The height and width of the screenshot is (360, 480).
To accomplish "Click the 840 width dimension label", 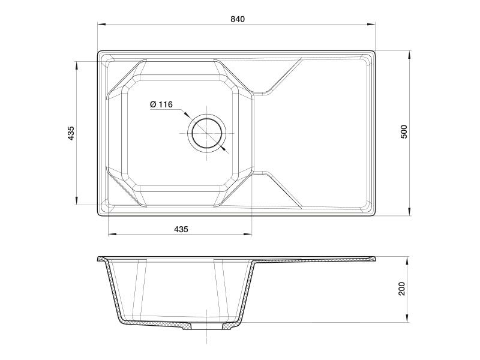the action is [238, 19].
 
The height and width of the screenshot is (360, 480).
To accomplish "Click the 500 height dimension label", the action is [404, 131].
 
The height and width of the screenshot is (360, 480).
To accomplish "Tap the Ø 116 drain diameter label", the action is [161, 104].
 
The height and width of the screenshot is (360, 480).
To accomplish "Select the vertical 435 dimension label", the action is [71, 133].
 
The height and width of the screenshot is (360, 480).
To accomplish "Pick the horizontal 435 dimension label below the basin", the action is [181, 229].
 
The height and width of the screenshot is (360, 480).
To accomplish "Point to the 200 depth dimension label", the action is [401, 289].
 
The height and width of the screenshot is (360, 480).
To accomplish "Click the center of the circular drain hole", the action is [207, 133].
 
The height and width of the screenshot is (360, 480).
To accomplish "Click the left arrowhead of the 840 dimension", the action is [101, 24].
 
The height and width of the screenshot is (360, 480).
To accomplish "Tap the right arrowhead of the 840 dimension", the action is [371, 24].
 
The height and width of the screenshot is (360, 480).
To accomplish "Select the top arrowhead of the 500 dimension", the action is [409, 55].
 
